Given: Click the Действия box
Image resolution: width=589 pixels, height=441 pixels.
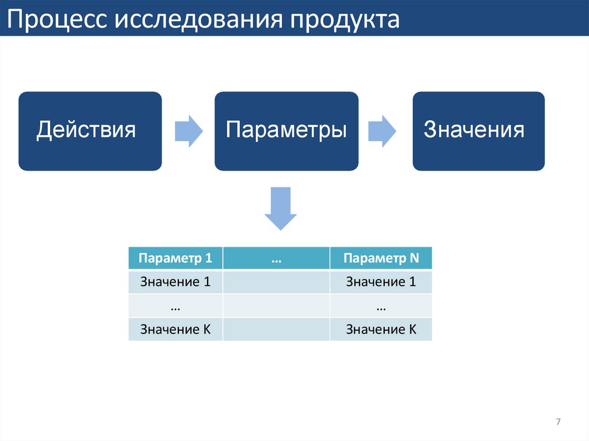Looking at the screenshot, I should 90,131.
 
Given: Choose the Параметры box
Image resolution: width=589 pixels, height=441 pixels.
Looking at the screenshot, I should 286,131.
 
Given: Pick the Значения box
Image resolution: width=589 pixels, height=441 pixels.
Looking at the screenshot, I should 478,131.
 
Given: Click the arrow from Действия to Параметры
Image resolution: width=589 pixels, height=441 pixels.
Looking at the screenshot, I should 188,131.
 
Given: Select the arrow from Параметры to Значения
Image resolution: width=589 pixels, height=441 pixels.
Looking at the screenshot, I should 382,131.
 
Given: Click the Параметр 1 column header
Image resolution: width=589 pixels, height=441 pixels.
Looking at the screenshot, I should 175,258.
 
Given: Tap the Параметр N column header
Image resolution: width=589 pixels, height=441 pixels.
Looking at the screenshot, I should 381,258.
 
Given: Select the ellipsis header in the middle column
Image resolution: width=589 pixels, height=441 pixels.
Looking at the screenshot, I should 276,258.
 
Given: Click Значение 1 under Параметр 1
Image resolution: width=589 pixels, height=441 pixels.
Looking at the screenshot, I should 175,282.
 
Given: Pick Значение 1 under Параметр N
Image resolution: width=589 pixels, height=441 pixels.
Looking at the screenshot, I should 381,282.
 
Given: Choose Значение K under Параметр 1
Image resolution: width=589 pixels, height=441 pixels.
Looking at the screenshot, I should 175,329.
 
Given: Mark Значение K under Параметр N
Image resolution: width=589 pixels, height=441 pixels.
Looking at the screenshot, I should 381,329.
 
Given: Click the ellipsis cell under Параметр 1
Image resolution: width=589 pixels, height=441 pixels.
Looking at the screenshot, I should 175,306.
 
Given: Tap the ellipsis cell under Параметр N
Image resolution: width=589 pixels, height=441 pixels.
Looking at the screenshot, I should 381,306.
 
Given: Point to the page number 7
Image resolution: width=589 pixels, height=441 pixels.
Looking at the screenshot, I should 558,423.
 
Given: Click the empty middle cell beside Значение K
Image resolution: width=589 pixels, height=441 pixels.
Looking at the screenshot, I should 276,329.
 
